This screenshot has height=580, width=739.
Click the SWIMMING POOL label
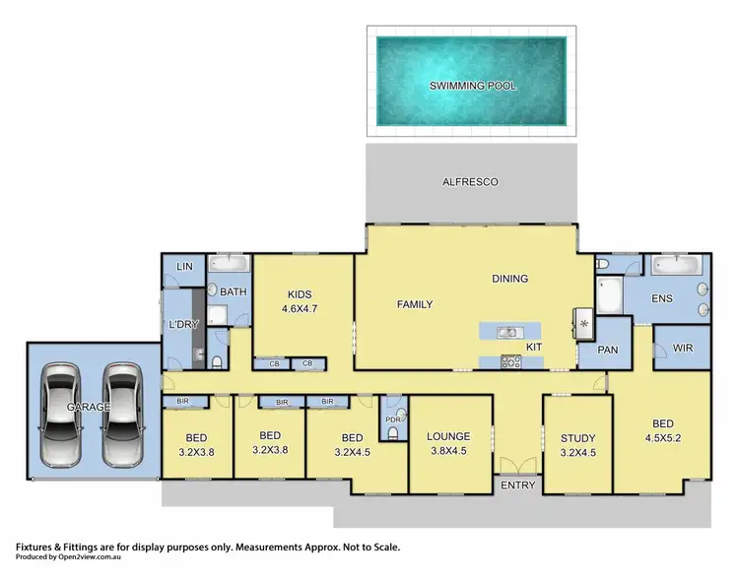(472, 86)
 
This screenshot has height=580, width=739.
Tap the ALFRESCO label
(471, 182)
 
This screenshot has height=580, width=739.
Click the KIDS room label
(300, 293)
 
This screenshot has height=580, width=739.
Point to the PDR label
(392, 419)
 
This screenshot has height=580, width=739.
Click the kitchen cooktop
(510, 361)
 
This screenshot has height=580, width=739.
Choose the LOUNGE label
(448, 436)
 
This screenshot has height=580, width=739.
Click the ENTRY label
(518, 484)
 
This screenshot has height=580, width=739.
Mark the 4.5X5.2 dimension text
(662, 453)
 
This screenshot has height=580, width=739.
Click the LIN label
(184, 267)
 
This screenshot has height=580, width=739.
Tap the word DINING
(509, 279)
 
